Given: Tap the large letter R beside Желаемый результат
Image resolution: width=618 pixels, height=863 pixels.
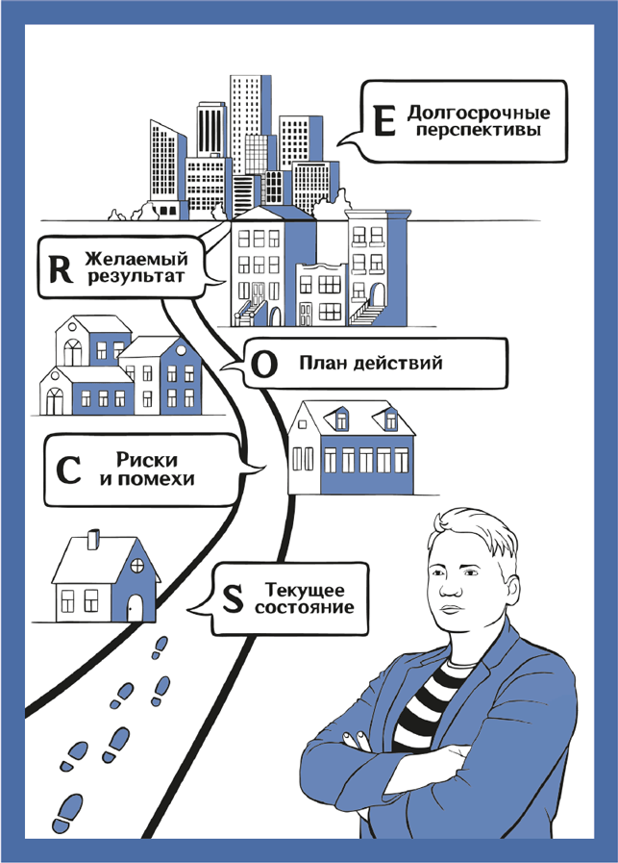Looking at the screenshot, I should [x=59, y=269].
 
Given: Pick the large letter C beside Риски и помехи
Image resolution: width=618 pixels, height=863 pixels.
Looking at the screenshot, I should [x=67, y=470].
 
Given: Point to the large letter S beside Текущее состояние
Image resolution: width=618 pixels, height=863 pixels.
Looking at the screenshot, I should [x=232, y=597].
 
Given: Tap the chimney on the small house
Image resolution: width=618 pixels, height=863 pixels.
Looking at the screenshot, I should [x=93, y=539].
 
